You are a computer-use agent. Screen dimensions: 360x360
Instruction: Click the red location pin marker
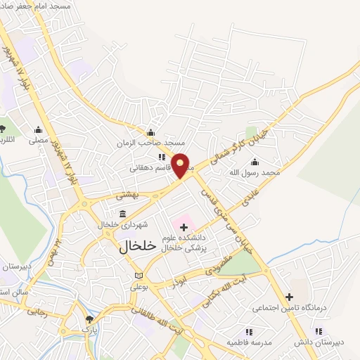tap(181, 165)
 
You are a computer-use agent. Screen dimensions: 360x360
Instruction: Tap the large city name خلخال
tap(131, 246)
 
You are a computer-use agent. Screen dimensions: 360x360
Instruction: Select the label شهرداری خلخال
tap(124, 224)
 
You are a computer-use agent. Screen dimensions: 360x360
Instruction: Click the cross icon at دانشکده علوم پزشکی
tap(184, 227)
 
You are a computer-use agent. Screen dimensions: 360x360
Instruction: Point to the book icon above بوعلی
tap(139, 275)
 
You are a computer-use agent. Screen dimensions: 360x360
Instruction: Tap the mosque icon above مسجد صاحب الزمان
tap(150, 133)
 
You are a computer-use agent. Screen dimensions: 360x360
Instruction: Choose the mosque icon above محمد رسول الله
tap(254, 161)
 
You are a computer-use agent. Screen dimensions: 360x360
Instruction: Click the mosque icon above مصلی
tap(39, 130)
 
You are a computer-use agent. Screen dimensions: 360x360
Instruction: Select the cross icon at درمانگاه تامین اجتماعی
tap(289, 297)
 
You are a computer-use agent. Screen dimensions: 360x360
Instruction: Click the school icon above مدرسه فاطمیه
tap(248, 331)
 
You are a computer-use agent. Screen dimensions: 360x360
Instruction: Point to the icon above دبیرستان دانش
tap(319, 331)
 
